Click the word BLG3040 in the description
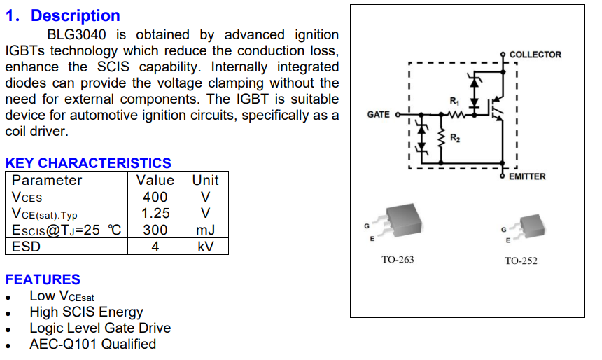pos(76,34)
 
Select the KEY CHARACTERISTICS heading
pos(88,163)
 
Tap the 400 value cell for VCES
pos(155,197)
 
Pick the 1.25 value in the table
pos(155,213)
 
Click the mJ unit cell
pos(205,230)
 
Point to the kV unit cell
pos(205,247)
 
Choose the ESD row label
pos(26,247)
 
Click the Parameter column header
pos(47,180)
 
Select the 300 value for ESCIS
pos(155,230)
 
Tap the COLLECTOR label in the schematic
pos(535,55)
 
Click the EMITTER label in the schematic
pos(527,176)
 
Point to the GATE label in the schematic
pos(378,114)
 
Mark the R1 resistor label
pos(454,102)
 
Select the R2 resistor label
pos(455,138)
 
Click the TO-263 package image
pos(399,223)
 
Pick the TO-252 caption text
pos(521,261)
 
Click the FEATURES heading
pos(43,279)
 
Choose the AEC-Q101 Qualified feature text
pos(93,344)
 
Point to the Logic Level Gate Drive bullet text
pos(100,328)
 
